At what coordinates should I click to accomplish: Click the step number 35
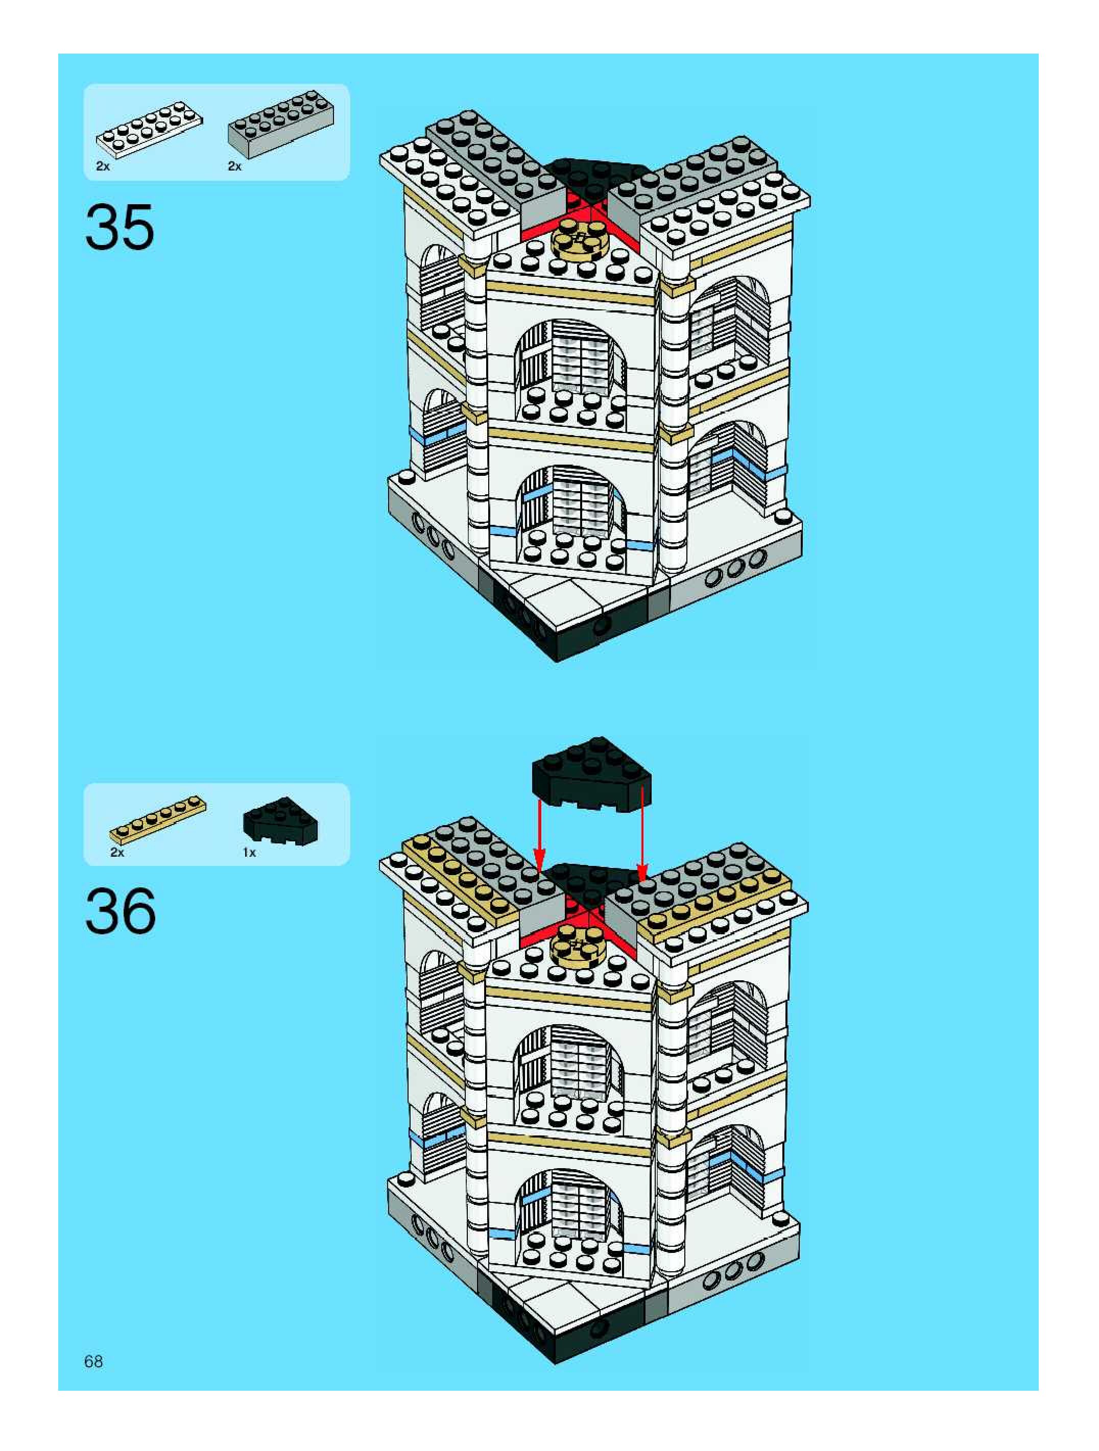click(120, 227)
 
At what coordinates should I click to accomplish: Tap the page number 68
click(94, 1361)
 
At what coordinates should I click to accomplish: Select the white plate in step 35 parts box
click(150, 130)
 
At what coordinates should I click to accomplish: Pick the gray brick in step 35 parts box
click(281, 124)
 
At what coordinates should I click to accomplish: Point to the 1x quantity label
click(249, 852)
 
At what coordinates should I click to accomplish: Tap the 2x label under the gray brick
click(235, 166)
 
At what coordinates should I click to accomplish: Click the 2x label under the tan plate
click(117, 852)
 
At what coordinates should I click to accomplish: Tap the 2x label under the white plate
click(103, 166)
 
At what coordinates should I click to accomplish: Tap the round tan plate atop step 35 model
click(579, 239)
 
